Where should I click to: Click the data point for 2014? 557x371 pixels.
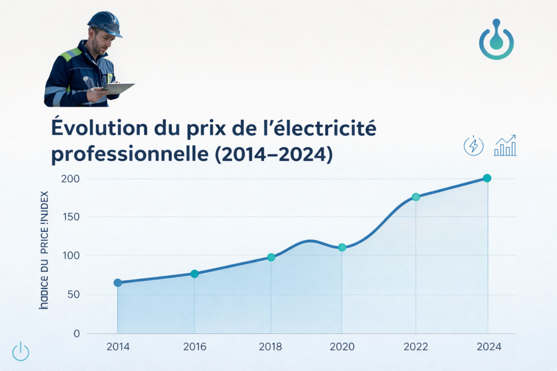point(117,282)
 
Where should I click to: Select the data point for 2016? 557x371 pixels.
point(194,274)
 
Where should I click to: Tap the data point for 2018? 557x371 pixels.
point(271,257)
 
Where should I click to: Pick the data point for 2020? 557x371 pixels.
point(342,247)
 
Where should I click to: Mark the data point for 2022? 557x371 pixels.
point(416,197)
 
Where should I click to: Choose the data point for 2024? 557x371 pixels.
point(487,178)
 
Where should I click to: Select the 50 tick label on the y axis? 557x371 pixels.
point(73,294)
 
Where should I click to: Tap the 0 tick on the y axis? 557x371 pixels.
point(77,334)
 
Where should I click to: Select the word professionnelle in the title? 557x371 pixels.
point(127,154)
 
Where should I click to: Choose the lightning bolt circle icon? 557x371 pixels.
point(473,146)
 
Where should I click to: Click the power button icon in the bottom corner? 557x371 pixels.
point(21,351)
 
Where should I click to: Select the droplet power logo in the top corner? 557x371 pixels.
point(496,40)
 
